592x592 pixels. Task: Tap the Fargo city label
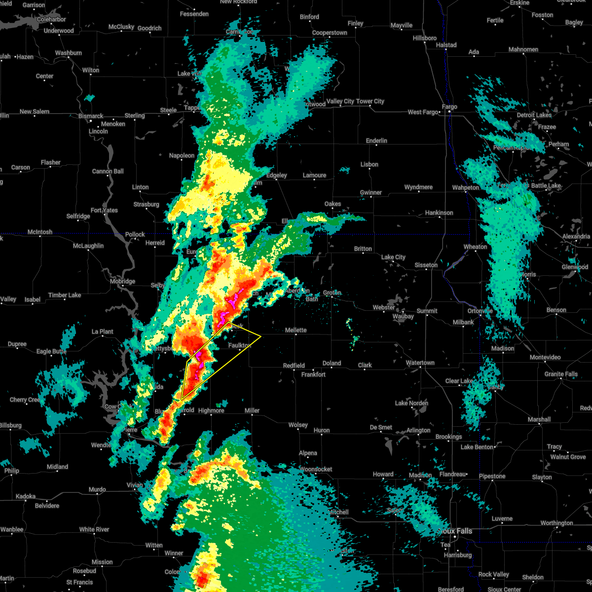point(449,107)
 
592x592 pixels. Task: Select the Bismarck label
point(91,116)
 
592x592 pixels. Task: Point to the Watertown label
point(420,363)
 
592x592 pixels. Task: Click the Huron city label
point(322,430)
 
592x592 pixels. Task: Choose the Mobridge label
point(122,281)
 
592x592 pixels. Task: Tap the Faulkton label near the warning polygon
point(240,345)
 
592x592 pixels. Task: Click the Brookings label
point(448,437)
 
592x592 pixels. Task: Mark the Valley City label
point(340,101)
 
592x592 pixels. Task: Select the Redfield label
point(294,366)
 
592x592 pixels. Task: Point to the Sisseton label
point(426,265)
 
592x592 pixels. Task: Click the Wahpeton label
point(466,187)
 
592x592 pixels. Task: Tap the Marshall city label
point(539,419)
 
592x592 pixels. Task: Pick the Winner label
point(174,553)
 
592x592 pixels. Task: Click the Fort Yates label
point(104,210)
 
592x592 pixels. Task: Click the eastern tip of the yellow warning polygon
point(260,336)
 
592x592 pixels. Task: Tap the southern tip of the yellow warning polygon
point(182,399)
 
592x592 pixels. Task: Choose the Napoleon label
point(182,155)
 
